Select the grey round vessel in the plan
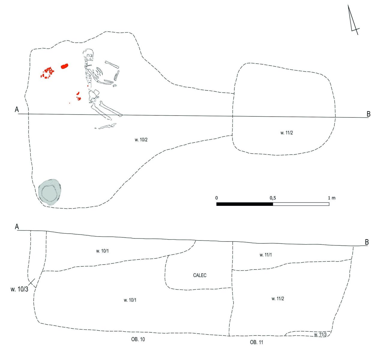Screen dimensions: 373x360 (50, 192)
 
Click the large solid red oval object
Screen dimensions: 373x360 (65, 66)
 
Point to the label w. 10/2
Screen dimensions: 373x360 (141, 140)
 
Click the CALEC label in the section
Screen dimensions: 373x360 (200, 275)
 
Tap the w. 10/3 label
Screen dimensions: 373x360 (20, 289)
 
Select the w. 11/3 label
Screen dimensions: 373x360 (320, 334)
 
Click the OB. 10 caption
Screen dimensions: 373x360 (138, 339)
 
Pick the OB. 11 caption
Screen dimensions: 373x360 (257, 342)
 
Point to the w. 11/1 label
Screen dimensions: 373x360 (266, 255)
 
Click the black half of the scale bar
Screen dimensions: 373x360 (245, 204)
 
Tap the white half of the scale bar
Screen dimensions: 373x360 (301, 204)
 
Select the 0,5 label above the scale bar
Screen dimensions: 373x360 (273, 198)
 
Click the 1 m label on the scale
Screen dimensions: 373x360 (332, 198)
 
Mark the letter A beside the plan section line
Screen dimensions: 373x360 (17, 109)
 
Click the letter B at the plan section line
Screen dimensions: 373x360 (368, 114)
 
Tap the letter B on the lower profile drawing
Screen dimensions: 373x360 (367, 242)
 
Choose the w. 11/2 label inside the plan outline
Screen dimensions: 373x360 (287, 133)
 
